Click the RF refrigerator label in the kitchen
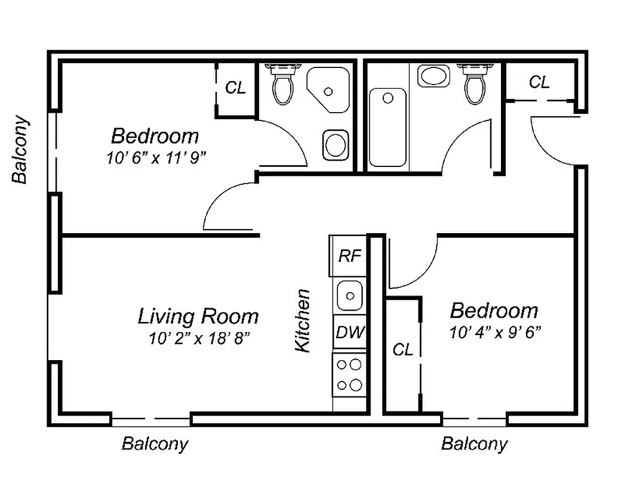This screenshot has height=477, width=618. click(x=350, y=256)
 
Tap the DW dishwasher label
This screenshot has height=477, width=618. click(x=350, y=333)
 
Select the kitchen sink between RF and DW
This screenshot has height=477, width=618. click(x=349, y=295)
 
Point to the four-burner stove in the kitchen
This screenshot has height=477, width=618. click(x=349, y=374)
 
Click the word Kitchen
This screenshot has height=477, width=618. click(x=303, y=321)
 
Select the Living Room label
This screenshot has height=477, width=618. click(x=198, y=315)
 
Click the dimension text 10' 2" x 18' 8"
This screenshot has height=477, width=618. click(x=199, y=339)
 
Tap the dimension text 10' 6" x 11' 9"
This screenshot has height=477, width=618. click(x=156, y=157)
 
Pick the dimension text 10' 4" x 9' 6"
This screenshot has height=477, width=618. click(x=495, y=332)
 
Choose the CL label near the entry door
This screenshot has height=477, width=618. click(x=539, y=82)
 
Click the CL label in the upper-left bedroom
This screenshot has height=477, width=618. click(x=235, y=88)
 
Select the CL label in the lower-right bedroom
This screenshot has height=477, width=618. click(x=402, y=350)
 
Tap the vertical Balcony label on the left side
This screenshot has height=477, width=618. click(x=20, y=150)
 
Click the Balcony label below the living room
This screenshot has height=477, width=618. click(x=155, y=444)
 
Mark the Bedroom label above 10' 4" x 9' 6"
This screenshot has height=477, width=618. click(x=494, y=311)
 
